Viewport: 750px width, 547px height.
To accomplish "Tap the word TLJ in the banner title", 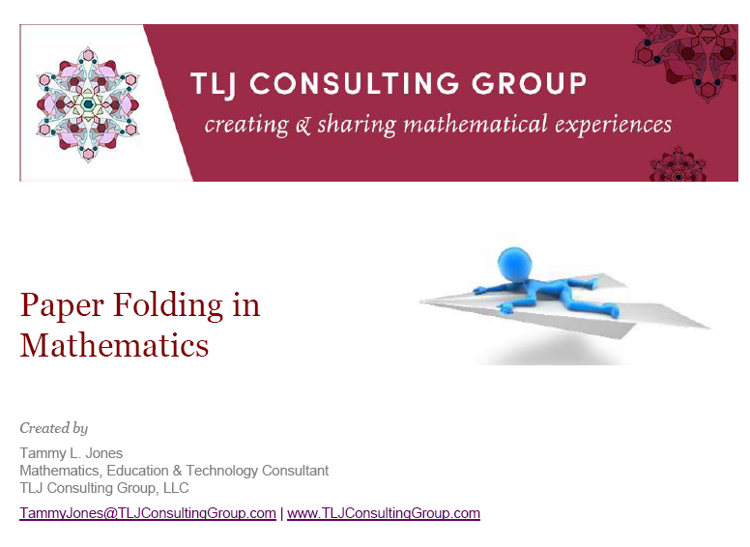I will click(212, 84).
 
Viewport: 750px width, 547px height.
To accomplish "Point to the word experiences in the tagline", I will click(612, 125).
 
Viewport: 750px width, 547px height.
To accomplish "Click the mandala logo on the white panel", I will click(88, 103).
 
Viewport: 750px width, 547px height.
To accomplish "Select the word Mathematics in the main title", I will click(114, 344).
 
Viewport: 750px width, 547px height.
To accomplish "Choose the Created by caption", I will click(53, 428).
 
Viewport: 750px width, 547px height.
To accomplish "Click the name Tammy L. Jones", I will click(72, 453).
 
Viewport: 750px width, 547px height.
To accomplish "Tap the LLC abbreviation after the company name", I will click(176, 488).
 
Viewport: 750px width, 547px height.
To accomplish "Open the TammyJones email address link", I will click(148, 513).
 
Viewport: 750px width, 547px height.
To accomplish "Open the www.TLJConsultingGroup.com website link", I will click(384, 513).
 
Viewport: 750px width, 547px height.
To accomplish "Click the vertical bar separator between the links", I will click(281, 513).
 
